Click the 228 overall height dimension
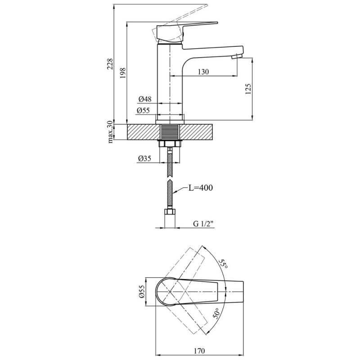(111, 64)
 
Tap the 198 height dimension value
(123, 73)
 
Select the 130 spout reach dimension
(203, 72)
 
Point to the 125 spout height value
(248, 89)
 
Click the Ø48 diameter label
(145, 99)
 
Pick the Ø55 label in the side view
(143, 111)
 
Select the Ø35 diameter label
(144, 158)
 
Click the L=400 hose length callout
(200, 188)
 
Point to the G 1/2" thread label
(203, 224)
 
